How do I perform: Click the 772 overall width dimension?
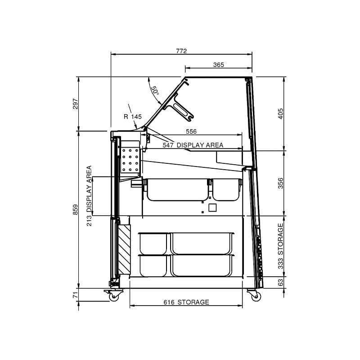[181, 51]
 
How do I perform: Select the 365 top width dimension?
[218, 65]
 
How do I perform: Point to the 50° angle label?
[155, 91]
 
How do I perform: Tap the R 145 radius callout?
[132, 117]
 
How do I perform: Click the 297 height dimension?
[76, 104]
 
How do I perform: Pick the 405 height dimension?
[280, 114]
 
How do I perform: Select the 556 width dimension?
[191, 131]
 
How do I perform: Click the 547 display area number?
[168, 145]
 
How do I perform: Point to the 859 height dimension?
[76, 210]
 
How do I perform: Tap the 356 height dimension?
[280, 183]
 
